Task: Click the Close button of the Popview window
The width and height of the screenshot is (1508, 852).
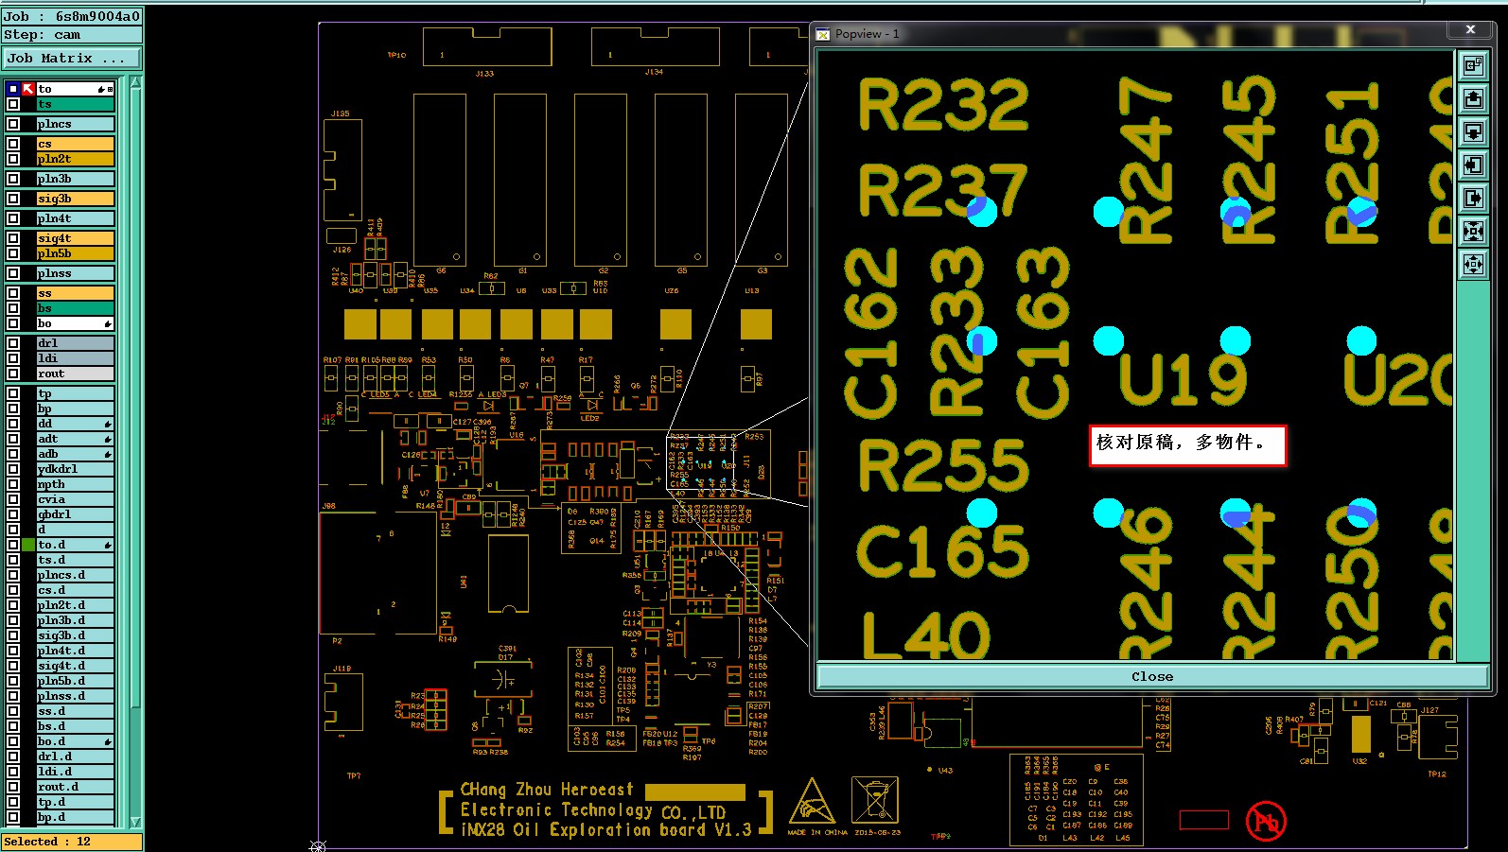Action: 1151,677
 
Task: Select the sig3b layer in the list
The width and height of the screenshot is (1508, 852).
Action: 75,199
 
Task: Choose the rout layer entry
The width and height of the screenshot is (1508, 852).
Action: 75,374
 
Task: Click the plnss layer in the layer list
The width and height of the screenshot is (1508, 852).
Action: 75,273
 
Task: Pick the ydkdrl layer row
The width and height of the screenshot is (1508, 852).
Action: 75,469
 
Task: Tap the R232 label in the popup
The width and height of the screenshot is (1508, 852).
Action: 942,105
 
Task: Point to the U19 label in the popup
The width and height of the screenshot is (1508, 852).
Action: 1183,379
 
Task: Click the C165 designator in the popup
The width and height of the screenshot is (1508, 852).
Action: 942,550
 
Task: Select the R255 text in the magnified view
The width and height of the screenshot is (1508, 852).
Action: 942,464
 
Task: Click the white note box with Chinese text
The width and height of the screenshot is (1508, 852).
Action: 1187,444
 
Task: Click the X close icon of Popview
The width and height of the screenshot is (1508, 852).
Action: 1470,30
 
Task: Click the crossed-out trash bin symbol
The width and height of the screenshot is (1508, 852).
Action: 874,801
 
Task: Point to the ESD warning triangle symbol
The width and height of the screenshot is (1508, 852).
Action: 812,803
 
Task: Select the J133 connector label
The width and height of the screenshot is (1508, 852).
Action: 484,73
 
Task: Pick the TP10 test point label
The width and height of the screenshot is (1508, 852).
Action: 396,55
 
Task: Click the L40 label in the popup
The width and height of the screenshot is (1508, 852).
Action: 925,635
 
